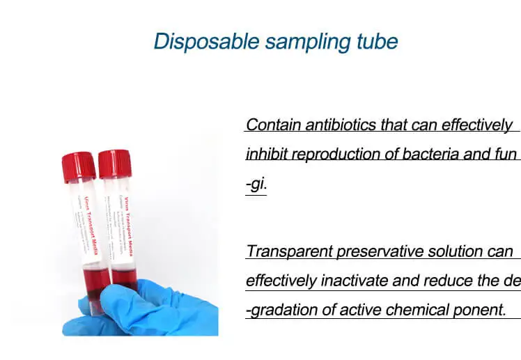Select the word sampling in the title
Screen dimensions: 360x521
coord(307,41)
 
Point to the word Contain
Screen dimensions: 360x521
coord(271,125)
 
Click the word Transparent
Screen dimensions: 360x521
coord(289,251)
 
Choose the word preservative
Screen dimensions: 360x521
coord(377,251)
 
